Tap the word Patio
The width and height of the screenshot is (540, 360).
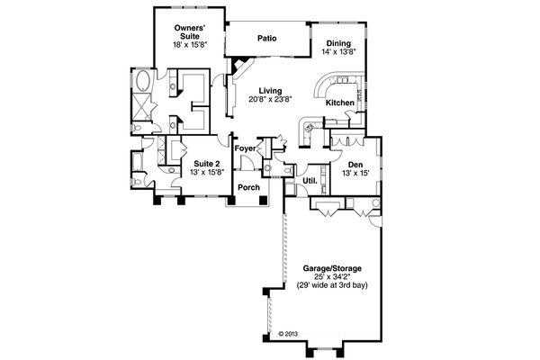point(265,40)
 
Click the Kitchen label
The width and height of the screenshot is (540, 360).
point(339,103)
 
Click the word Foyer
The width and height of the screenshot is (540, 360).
point(245,148)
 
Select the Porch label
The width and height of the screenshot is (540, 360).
point(248,187)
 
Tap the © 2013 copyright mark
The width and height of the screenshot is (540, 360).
point(286,333)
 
